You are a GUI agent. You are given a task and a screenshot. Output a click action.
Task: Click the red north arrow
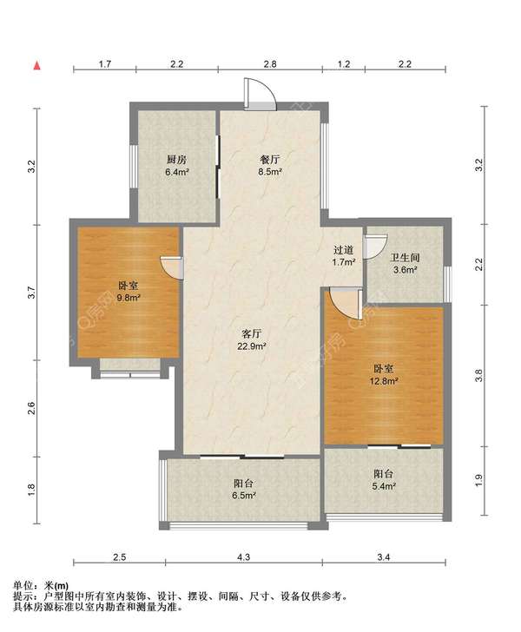tap(36, 65)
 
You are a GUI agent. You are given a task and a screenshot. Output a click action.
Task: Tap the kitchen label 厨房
tap(176, 160)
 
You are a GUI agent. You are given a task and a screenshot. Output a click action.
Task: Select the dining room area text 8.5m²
tap(270, 172)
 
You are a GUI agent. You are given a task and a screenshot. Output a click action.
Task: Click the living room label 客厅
tap(252, 333)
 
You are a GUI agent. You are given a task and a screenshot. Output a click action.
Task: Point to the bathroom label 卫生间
tap(405, 258)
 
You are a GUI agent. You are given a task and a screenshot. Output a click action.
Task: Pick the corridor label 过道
tap(344, 250)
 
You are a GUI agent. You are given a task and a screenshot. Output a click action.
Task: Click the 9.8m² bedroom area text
tap(129, 298)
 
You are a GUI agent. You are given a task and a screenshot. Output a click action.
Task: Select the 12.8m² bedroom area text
tap(384, 380)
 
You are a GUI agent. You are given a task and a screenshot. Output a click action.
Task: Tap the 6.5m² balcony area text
tap(243, 496)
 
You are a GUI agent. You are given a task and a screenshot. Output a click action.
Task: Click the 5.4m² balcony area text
tap(384, 486)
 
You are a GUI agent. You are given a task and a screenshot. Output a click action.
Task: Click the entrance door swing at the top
tap(260, 94)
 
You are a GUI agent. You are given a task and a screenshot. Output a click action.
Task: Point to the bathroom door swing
tap(375, 247)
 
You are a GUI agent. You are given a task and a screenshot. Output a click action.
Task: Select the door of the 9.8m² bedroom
tap(172, 267)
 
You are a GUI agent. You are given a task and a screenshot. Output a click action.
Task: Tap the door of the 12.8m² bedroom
tap(345, 303)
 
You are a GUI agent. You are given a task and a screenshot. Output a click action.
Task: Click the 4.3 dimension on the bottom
tap(243, 557)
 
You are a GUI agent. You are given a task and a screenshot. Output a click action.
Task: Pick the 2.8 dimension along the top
tap(270, 63)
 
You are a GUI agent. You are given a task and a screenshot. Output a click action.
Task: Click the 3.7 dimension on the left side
tap(31, 293)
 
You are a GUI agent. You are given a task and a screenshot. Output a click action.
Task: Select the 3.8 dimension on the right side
tap(478, 376)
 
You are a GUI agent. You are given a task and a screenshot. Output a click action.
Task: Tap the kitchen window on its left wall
tap(134, 166)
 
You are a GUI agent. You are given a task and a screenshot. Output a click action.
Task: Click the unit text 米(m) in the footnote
tap(56, 586)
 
